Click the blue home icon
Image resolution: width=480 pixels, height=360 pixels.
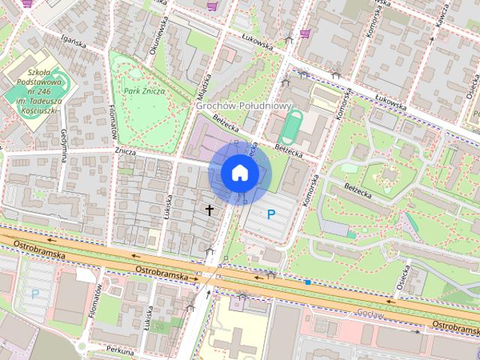(238, 172)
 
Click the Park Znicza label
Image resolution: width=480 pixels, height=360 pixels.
(145, 91)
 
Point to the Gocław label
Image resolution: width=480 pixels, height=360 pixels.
(370, 313)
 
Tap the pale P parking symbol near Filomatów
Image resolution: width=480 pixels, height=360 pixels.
(35, 294)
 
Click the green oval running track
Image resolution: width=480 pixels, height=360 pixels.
(292, 127)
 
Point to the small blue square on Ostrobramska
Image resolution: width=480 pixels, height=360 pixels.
(307, 282)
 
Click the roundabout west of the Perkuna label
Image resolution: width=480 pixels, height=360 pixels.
(80, 346)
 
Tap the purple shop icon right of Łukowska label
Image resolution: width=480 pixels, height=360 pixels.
(304, 34)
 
